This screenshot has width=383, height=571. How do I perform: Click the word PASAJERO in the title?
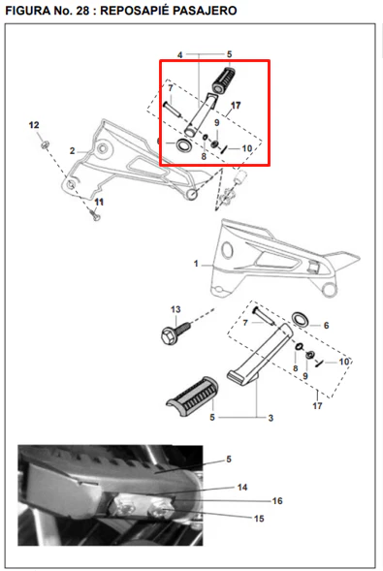point(205,11)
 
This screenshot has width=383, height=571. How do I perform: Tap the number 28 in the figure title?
point(82,11)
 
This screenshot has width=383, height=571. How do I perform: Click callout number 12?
point(34,125)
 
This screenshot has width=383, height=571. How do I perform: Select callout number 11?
point(99,202)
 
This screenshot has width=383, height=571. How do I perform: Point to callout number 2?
point(72,151)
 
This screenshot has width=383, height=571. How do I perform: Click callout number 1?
point(196,264)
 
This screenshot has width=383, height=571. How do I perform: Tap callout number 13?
point(176,309)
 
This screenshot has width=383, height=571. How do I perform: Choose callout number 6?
point(326,325)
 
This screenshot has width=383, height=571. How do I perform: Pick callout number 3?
point(271,418)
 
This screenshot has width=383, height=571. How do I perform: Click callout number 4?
point(179,55)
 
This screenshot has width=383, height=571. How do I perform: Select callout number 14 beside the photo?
point(242,488)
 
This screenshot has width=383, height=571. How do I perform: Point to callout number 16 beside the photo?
point(277,501)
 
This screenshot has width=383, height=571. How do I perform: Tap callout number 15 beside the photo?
point(259,519)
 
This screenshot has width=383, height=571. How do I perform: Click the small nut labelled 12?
point(45,145)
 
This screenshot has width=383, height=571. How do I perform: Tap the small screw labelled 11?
point(95,215)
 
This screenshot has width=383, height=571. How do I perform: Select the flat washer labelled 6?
point(302,319)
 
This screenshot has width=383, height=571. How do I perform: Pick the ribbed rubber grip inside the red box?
point(223,80)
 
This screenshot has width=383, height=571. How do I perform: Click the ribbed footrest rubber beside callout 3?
point(192,395)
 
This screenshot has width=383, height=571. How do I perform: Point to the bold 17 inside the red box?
point(236,106)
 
